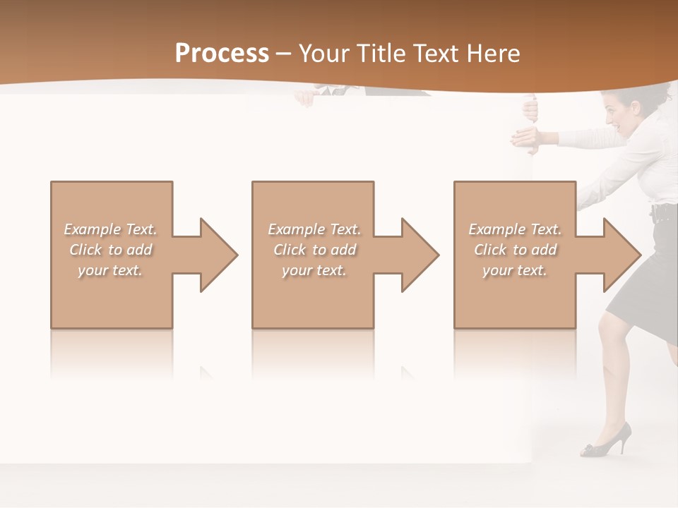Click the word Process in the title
[222, 54]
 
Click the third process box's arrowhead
[619, 255]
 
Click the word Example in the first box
[92, 229]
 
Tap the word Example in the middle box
[296, 229]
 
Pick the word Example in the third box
[496, 229]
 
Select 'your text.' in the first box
[110, 270]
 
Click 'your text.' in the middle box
[314, 270]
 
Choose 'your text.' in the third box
[514, 270]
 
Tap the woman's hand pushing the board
[527, 137]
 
